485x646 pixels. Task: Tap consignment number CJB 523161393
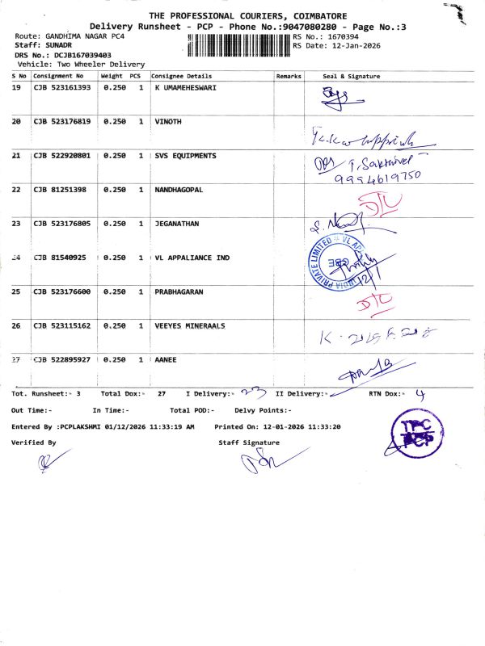(x=61, y=87)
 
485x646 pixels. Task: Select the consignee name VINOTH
(x=168, y=121)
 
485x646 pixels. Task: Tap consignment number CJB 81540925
(x=59, y=258)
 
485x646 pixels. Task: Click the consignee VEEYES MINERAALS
(x=190, y=325)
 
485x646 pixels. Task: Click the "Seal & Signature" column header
(x=351, y=76)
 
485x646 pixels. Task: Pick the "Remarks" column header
(x=289, y=76)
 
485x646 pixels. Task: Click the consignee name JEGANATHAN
(x=176, y=223)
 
